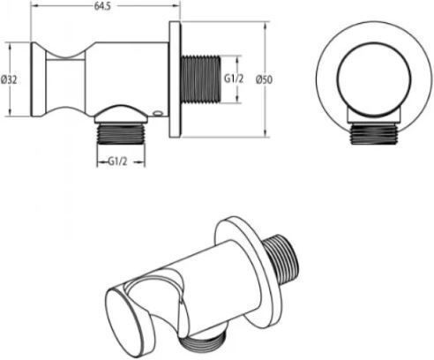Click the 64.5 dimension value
pyautogui.click(x=102, y=6)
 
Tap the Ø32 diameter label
pyautogui.click(x=9, y=79)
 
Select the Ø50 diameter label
pyautogui.click(x=264, y=79)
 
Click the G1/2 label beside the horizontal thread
pyautogui.click(x=234, y=79)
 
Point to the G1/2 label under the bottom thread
pyautogui.click(x=117, y=161)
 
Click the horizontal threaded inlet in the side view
pyautogui.click(x=200, y=79)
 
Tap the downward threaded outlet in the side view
pyautogui.click(x=121, y=134)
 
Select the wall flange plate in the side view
pyautogui.click(x=175, y=79)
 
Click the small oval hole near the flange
pyautogui.click(x=158, y=112)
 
